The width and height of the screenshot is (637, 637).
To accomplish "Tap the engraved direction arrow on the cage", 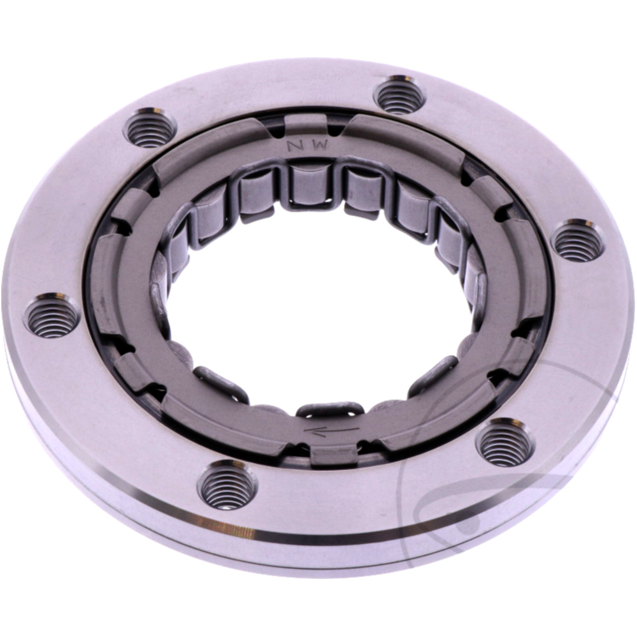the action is (331, 430).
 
